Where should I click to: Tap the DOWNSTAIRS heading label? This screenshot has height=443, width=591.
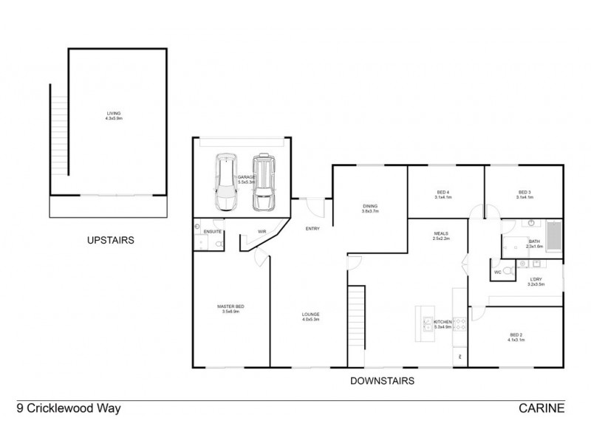383,381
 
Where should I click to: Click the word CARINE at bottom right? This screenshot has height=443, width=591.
542,408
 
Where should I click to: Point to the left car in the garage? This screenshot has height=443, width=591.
225,182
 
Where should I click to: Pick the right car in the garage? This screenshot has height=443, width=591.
262,182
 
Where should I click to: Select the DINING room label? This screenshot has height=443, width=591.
370,206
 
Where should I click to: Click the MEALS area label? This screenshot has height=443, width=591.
441,234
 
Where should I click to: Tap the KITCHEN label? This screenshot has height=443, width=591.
442,322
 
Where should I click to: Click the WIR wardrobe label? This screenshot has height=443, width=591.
261,232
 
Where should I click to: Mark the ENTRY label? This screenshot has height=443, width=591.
312,229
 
